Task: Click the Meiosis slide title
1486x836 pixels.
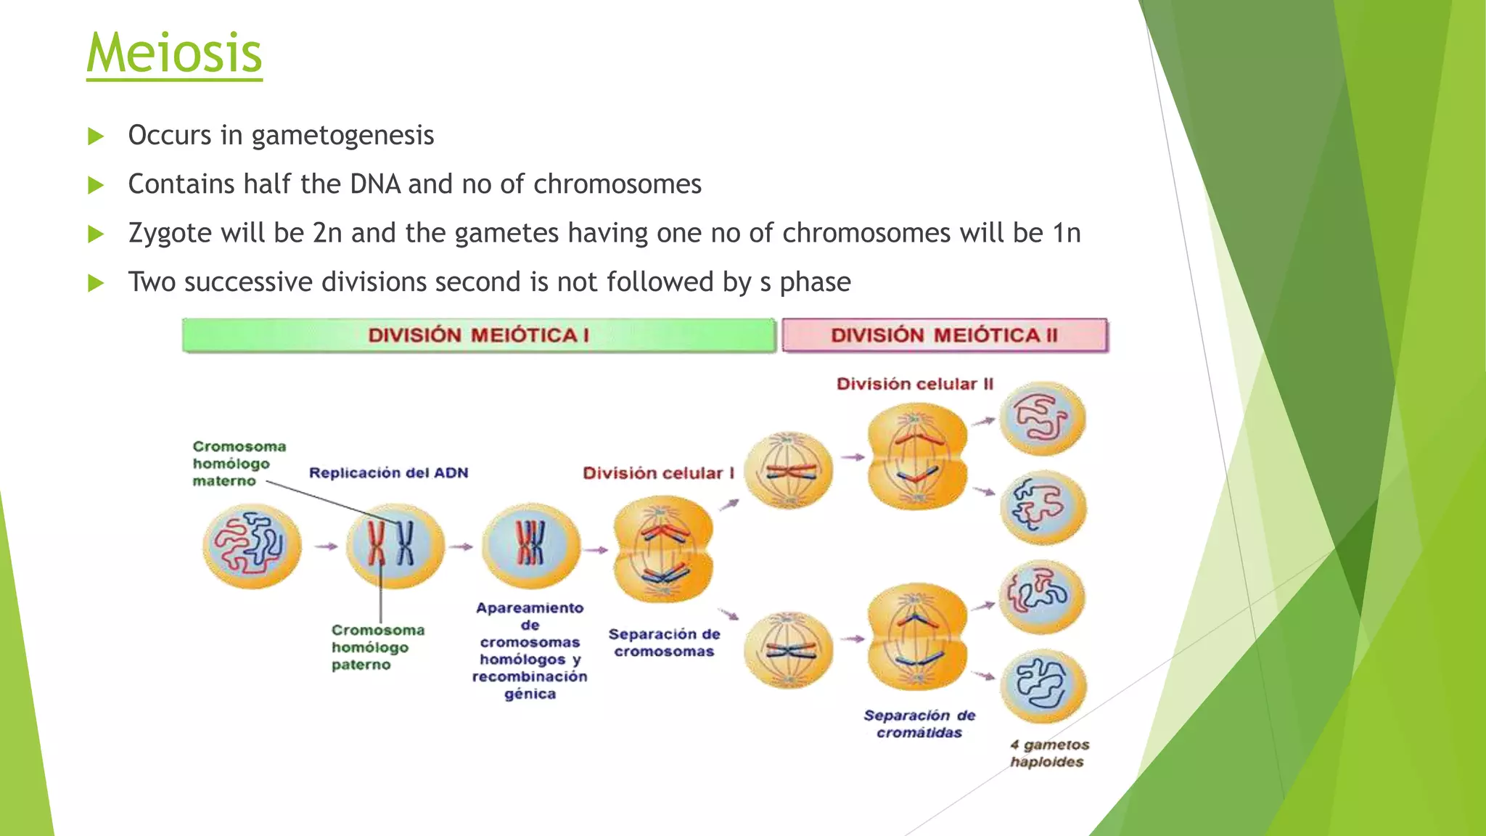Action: point(174,53)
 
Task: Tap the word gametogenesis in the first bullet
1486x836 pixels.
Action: point(342,136)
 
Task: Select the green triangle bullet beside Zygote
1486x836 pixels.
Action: point(96,234)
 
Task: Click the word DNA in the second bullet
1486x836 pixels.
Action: point(375,184)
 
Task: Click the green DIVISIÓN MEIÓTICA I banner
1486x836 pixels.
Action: point(479,335)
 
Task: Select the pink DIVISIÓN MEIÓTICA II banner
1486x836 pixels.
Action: point(944,335)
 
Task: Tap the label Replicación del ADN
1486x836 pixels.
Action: point(388,473)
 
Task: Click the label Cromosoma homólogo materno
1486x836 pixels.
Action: point(238,464)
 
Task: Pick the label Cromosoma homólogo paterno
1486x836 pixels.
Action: point(377,647)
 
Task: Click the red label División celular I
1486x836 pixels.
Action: point(658,473)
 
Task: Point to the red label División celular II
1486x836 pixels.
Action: point(914,384)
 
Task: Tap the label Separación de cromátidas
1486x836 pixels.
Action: point(919,724)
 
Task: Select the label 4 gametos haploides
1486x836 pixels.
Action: point(1049,753)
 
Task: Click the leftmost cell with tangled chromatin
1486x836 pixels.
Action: point(252,546)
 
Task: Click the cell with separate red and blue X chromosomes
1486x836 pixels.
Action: point(394,546)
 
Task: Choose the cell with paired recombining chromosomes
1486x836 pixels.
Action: point(531,546)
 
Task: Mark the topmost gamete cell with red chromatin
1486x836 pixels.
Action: point(1042,419)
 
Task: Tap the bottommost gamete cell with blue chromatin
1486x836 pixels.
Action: point(1043,686)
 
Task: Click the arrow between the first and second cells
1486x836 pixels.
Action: point(326,546)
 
